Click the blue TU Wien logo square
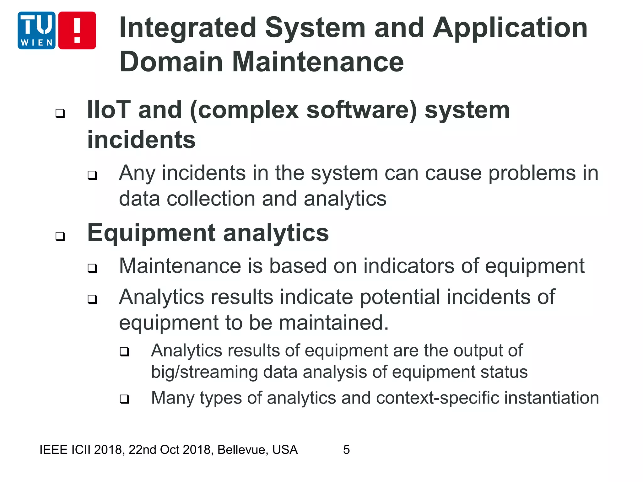point(36,30)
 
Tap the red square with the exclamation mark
point(77,30)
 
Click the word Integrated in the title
point(188,28)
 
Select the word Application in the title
point(510,28)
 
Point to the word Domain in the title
point(171,62)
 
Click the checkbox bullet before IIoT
point(60,113)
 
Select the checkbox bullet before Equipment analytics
point(60,236)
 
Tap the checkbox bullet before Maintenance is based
point(92,268)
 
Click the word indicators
point(408,266)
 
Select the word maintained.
point(333,323)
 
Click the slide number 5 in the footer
point(346,450)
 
